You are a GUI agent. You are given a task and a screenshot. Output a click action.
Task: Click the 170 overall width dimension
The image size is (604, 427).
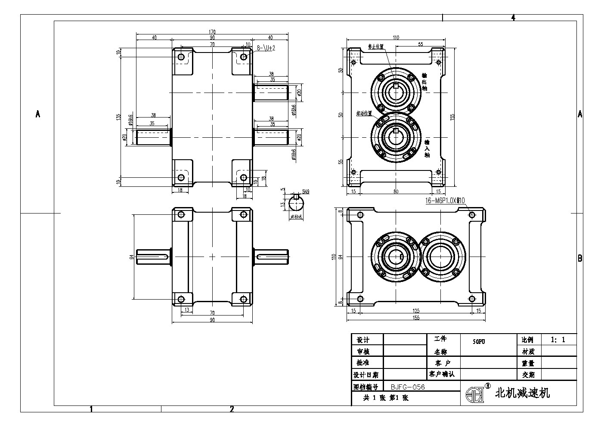(212, 32)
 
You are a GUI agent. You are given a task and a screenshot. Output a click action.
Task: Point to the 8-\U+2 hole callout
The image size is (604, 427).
(266, 49)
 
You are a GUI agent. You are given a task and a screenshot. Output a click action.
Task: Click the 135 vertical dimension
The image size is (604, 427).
(119, 117)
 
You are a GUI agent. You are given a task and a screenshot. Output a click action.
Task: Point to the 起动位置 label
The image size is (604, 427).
(364, 113)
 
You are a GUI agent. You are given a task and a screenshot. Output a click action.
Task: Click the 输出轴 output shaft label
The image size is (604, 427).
(424, 81)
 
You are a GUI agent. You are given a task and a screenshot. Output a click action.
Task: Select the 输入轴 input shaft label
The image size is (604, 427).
(427, 148)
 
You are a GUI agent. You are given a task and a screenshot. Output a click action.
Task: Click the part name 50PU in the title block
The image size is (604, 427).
(479, 342)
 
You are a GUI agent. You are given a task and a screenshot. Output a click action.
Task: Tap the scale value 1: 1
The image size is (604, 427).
(558, 340)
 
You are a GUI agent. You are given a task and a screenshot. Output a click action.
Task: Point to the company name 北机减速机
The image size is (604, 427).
(523, 393)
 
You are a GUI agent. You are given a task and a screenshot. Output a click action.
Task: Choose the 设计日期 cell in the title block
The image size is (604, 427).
(365, 375)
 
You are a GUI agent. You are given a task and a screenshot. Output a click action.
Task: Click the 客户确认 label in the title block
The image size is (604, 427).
(441, 374)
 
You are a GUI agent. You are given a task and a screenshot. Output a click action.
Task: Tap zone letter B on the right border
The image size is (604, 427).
(580, 258)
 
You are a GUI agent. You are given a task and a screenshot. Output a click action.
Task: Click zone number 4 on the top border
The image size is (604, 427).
(513, 18)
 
